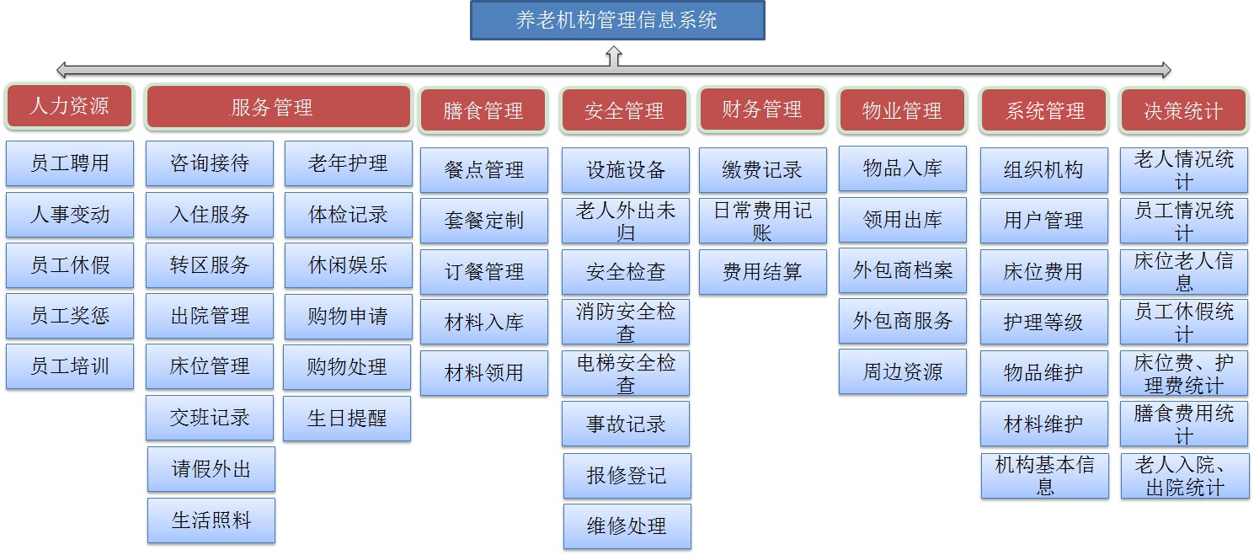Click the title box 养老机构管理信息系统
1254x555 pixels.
[617, 20]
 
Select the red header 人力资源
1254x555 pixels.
[69, 106]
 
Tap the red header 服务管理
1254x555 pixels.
[279, 107]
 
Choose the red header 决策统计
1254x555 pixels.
[1183, 111]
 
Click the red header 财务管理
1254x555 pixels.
[762, 109]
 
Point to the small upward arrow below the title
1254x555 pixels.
[614, 56]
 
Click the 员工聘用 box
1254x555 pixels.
[70, 163]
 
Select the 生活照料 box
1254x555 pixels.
[211, 520]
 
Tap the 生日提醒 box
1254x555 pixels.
[347, 419]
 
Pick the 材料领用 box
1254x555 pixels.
[484, 373]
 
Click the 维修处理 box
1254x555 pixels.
[627, 526]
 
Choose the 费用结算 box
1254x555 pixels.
[762, 272]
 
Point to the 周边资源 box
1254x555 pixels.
[903, 372]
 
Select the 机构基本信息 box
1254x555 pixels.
[1044, 476]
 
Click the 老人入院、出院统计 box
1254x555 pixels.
[1185, 476]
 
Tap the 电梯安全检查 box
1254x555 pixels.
[626, 374]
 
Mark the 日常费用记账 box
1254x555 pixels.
[762, 221]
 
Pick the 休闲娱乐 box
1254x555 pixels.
[348, 265]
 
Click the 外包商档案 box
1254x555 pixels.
[903, 270]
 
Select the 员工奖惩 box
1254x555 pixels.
[70, 316]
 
